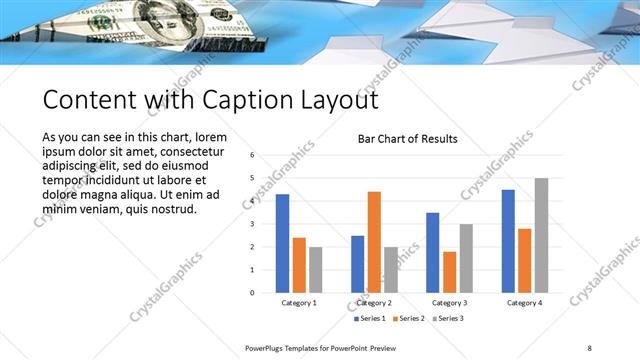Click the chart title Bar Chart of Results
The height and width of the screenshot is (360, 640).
coord(407,139)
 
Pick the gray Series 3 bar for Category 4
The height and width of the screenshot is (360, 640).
coord(541,235)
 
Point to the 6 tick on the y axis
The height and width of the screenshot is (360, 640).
coord(252,155)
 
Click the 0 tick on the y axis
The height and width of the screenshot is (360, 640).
coord(252,292)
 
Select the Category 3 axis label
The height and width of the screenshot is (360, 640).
coord(449,302)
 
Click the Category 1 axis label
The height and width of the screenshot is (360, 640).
coord(299,302)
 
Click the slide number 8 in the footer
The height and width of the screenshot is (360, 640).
coord(589,347)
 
